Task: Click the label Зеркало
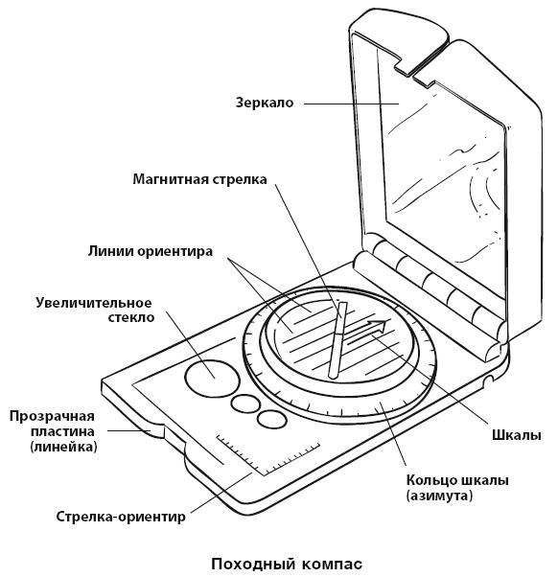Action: [265, 103]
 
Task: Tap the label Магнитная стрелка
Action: [199, 179]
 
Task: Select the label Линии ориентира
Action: [151, 251]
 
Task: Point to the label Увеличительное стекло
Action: [94, 310]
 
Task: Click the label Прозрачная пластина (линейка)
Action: [53, 431]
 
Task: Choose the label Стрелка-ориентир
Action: [121, 517]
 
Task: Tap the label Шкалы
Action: [517, 435]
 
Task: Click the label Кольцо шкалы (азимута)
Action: [457, 488]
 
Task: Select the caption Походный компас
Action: [287, 564]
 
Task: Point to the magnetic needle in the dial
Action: [337, 340]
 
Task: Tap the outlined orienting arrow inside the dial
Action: [366, 332]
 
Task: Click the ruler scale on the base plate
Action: [267, 455]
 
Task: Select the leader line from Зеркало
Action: [352, 104]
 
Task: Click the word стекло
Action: [131, 317]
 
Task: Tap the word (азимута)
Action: [439, 496]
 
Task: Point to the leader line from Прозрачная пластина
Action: [128, 430]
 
